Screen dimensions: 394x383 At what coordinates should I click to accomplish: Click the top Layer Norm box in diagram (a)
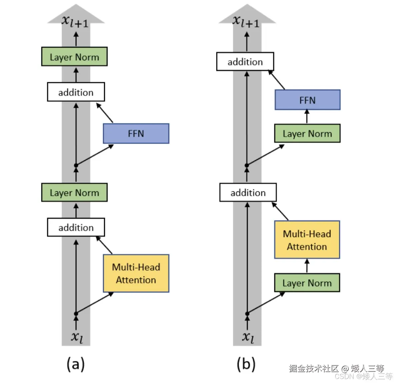tap(74, 57)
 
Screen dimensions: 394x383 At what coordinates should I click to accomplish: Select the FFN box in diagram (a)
tap(136, 133)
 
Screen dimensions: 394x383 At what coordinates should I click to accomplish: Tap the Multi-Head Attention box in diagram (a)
tap(136, 273)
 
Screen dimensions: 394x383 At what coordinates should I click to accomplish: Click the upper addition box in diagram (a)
tap(76, 92)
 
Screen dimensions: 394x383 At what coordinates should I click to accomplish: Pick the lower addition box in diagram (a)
tap(76, 227)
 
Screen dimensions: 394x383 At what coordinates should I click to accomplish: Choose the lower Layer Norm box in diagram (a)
tap(74, 193)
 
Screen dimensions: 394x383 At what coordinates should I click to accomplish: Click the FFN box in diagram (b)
tap(308, 100)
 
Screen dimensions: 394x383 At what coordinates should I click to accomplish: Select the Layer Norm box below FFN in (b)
tap(307, 133)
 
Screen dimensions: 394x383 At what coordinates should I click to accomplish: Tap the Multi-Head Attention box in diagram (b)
tap(307, 240)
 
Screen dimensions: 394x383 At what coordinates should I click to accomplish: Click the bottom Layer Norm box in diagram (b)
tap(307, 283)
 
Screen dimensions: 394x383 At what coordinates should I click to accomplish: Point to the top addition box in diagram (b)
tap(245, 62)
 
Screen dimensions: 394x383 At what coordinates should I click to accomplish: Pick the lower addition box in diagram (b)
tap(248, 193)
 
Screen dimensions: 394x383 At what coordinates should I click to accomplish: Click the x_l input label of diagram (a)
tap(77, 337)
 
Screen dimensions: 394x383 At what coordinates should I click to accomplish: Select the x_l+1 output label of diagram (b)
tap(245, 21)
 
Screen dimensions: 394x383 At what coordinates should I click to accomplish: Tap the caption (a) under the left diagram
tap(76, 364)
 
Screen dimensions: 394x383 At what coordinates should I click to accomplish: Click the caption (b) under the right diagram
tap(246, 364)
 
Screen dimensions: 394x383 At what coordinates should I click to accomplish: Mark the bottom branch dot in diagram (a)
tap(76, 314)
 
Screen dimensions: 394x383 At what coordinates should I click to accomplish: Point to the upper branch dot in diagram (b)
tap(247, 165)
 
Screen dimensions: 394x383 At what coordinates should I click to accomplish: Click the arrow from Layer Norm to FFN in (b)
tap(307, 116)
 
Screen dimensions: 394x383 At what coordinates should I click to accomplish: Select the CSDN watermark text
tap(364, 376)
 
